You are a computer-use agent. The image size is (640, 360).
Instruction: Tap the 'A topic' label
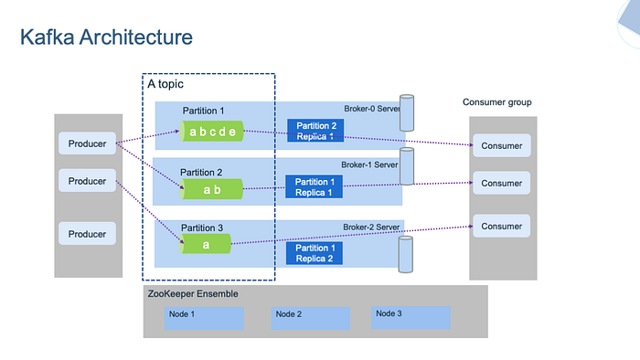(x=165, y=83)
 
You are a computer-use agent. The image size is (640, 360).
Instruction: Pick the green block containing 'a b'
(x=212, y=189)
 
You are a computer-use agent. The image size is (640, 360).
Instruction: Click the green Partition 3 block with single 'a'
(x=205, y=244)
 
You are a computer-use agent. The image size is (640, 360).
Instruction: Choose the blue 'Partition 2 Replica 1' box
(x=315, y=131)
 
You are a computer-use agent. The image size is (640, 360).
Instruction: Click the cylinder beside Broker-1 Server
(x=407, y=166)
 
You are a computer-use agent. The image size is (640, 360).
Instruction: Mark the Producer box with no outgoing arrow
(x=88, y=234)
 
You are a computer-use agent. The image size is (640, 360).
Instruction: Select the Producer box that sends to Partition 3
(x=88, y=181)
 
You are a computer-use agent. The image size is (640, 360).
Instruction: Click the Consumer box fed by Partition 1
(x=502, y=145)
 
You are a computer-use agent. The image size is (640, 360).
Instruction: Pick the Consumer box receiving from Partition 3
(x=502, y=226)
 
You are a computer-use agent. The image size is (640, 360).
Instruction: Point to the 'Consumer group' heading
(x=496, y=102)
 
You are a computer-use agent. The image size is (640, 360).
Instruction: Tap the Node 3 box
(x=411, y=316)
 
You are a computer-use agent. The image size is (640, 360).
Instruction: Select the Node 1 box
(x=204, y=317)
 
